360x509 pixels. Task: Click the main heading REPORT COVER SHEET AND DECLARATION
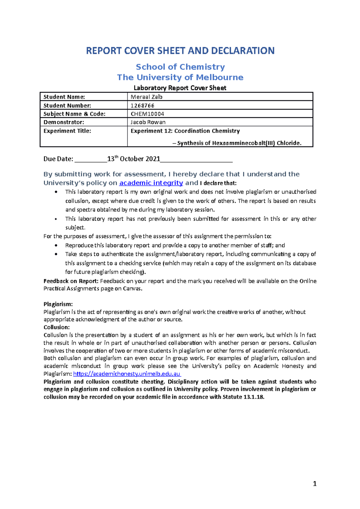[x=180, y=51]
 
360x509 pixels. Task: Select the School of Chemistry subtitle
[x=180, y=67]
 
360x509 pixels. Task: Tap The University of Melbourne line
[x=180, y=77]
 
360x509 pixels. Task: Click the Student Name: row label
[x=64, y=97]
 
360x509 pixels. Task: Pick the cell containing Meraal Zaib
[x=147, y=97]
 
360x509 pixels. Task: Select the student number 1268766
[x=142, y=106]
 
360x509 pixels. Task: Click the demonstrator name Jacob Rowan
[x=148, y=122]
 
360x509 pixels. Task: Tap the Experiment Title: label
[x=67, y=131]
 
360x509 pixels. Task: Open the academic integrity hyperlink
[x=151, y=183]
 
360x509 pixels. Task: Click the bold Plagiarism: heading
[x=58, y=304]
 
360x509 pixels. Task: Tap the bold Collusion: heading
[x=56, y=327]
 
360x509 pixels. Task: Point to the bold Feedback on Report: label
[x=71, y=281]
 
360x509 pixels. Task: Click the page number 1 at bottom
[x=314, y=484]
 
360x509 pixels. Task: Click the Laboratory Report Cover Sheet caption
[x=180, y=88]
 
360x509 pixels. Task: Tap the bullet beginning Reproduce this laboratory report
[x=175, y=246]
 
